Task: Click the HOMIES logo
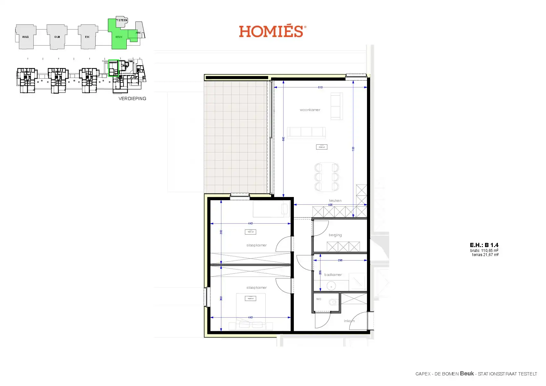click(272, 31)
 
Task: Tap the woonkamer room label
click(310, 110)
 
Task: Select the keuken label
click(335, 201)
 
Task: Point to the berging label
click(335, 235)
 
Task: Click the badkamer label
click(333, 275)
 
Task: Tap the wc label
click(319, 299)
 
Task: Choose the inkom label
click(349, 321)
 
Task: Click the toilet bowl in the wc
click(333, 302)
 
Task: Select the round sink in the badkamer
click(331, 285)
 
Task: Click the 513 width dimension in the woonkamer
click(320, 87)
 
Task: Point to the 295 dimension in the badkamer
click(340, 260)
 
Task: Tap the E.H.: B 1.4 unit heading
click(484, 245)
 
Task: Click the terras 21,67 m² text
click(485, 255)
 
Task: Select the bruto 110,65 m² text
click(484, 251)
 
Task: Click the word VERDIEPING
click(132, 99)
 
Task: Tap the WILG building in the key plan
click(25, 37)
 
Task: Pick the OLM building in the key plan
click(57, 37)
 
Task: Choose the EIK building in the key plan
click(87, 37)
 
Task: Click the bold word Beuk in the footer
click(467, 373)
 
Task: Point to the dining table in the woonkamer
click(327, 177)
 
